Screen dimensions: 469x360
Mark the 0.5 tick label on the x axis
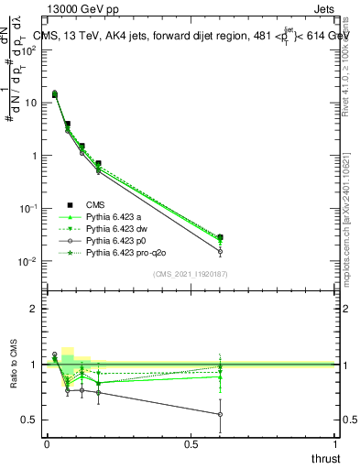coord(191,443)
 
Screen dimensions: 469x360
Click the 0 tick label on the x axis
coord(47,443)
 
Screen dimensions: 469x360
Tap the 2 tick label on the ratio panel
coord(35,309)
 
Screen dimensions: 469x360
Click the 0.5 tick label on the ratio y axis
coord(30,420)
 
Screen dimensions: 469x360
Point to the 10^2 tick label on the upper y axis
coord(29,49)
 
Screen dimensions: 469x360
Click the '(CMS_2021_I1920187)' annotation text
coord(191,273)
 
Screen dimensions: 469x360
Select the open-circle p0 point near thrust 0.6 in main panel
coord(220,251)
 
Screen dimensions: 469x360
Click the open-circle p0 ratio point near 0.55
coord(220,414)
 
